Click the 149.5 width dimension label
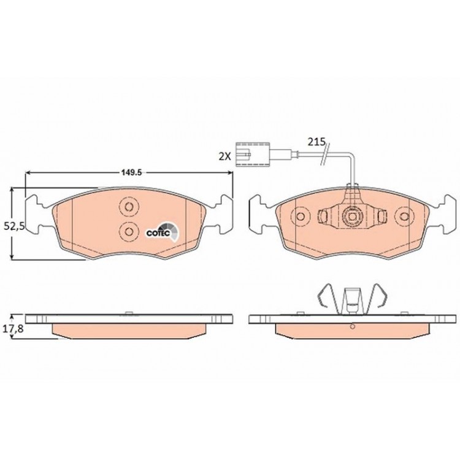click(132, 172)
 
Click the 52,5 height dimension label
click(13, 226)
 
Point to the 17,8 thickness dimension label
click(13, 329)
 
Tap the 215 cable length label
click(316, 142)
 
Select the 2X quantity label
click(224, 156)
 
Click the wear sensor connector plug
click(252, 154)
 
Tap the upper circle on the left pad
click(129, 207)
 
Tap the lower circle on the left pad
click(129, 231)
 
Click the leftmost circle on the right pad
click(300, 217)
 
